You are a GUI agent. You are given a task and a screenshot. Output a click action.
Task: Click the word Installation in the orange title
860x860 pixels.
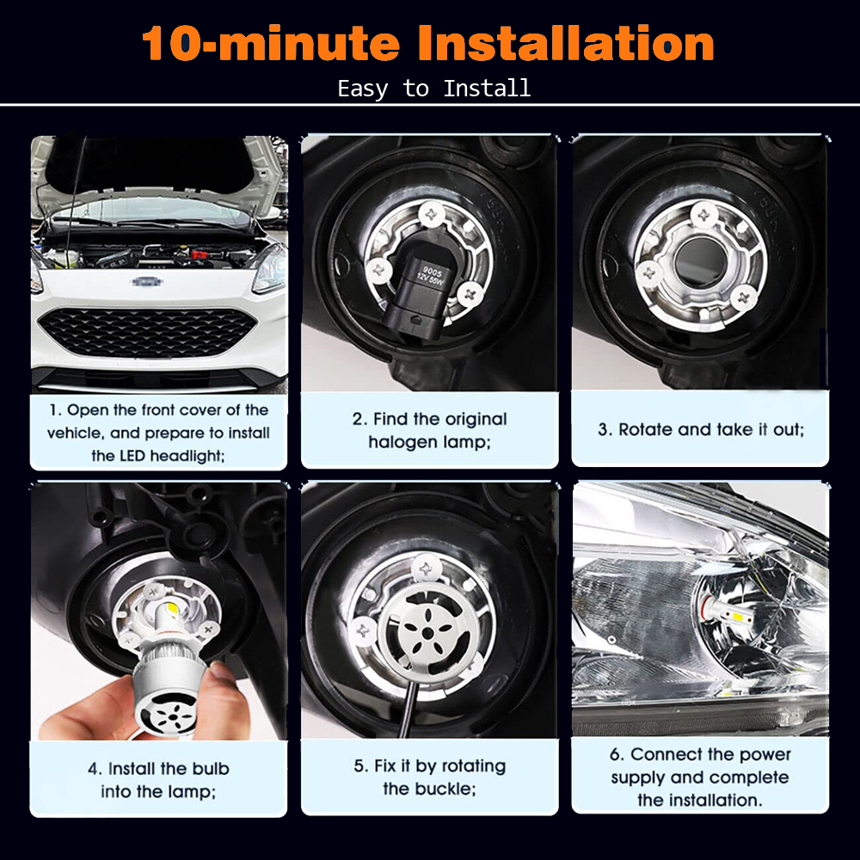click(x=566, y=43)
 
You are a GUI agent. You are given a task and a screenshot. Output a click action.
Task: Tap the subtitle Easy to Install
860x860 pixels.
click(x=433, y=89)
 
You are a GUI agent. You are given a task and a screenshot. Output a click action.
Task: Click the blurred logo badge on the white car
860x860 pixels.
click(x=147, y=282)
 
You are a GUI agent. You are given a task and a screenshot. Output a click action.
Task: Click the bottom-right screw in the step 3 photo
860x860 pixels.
click(x=744, y=298)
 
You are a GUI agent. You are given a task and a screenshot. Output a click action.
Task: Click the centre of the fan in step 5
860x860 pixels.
click(x=427, y=634)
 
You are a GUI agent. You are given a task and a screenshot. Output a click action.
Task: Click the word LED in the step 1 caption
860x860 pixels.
click(x=132, y=456)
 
